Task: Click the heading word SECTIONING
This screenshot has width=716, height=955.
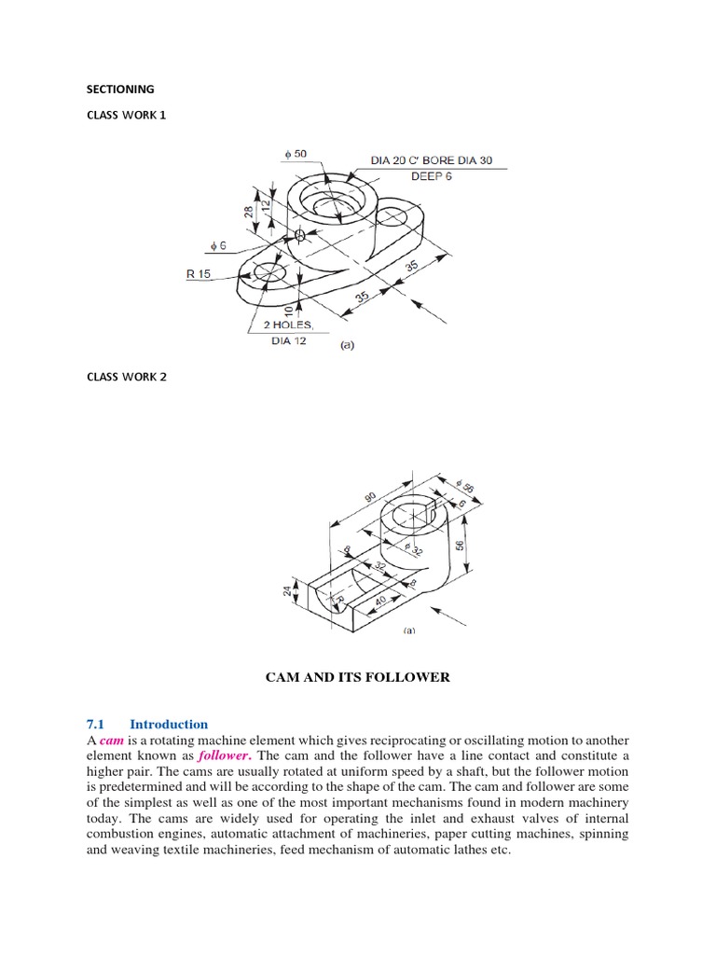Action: (x=120, y=90)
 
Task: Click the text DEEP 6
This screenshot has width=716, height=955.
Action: (x=431, y=176)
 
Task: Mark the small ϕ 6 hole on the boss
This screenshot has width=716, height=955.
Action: (x=300, y=234)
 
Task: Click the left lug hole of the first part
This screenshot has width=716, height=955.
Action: (x=267, y=273)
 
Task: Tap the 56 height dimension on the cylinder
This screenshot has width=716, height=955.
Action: (x=459, y=545)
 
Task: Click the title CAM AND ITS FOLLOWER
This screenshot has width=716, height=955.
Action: (x=358, y=677)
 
